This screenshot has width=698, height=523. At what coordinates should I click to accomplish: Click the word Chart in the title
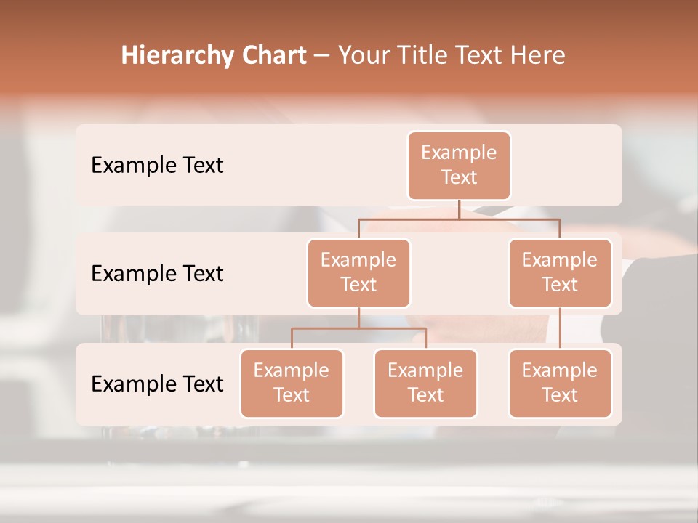[274, 55]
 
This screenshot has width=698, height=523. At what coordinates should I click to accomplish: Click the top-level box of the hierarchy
[459, 165]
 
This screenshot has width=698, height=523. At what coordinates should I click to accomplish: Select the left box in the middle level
[358, 272]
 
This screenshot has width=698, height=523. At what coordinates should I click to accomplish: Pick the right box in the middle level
[560, 272]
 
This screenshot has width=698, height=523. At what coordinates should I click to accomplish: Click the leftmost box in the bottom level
[292, 383]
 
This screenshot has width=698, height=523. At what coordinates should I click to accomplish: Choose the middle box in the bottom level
[425, 383]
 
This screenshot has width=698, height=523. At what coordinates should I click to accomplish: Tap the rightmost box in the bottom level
[560, 383]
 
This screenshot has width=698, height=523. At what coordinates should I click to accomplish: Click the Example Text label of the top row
[157, 166]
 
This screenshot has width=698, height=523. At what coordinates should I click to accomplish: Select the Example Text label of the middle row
[157, 274]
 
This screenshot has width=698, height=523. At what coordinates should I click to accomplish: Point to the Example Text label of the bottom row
[157, 384]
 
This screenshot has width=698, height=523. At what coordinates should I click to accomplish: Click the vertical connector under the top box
[459, 209]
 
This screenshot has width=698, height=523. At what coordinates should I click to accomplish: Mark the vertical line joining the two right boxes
[560, 328]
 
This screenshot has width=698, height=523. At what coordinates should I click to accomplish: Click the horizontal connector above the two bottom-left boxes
[358, 328]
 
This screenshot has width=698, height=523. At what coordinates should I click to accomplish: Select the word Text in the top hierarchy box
[459, 177]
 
